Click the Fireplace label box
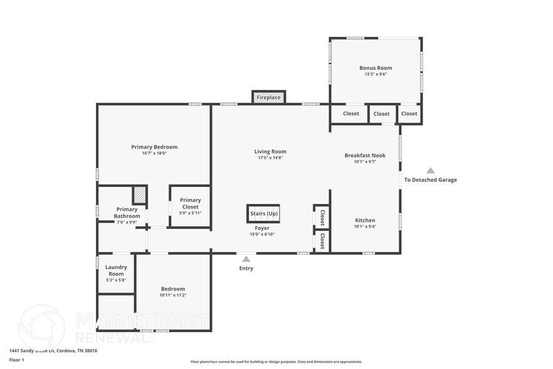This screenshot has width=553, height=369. point(268,97)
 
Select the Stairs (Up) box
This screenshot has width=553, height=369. point(263,213)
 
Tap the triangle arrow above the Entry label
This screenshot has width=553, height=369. point(246,258)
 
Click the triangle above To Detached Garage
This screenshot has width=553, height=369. point(430,170)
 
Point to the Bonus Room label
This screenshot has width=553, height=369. point(376,68)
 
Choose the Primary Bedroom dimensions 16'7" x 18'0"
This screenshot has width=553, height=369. point(154,153)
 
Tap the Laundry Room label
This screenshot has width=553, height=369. point(116,270)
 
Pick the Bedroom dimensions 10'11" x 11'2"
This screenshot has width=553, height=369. point(173,295)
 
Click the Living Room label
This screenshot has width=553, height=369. point(270,151)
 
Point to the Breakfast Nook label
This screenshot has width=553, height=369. point(365,155)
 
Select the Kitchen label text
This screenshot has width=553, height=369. point(365,220)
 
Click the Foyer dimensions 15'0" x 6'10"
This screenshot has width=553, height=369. point(262,234)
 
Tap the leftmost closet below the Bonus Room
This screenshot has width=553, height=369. point(351,114)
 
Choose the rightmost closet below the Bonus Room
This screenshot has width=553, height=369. point(409,114)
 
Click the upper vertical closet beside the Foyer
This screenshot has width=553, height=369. point(322,217)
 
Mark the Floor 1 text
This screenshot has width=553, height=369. point(17,360)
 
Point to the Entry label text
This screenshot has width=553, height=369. point(246,268)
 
